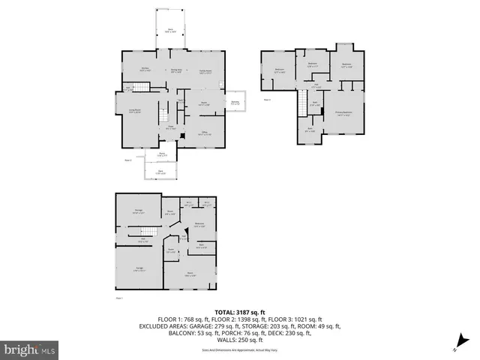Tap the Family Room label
pyautogui.click(x=204, y=71)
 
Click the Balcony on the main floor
pyautogui.click(x=235, y=103)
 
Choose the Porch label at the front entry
pyautogui.click(x=161, y=154)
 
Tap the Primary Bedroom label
pyautogui.click(x=344, y=115)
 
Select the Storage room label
pyautogui.click(x=138, y=213)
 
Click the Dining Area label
pyautogui.click(x=176, y=71)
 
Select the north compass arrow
pyautogui.click(x=457, y=346)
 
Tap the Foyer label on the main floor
pyautogui.click(x=170, y=127)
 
